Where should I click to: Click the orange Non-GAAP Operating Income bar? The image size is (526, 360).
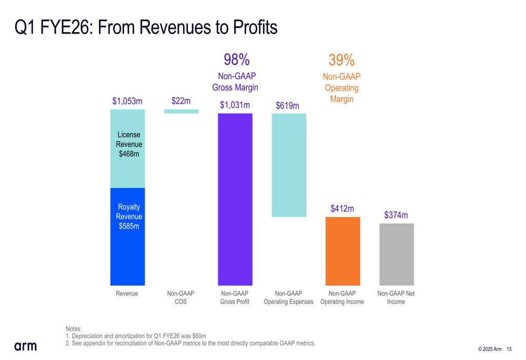click(342, 251)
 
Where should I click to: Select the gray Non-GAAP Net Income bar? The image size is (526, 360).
click(397, 254)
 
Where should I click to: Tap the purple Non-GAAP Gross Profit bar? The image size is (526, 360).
click(235, 199)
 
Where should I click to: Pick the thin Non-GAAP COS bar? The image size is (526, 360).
click(181, 111)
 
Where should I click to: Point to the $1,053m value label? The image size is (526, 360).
click(127, 101)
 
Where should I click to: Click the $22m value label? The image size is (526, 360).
click(181, 100)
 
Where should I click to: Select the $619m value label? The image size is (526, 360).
click(287, 106)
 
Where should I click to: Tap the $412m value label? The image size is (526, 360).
click(342, 209)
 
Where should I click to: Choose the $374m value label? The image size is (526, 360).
click(396, 215)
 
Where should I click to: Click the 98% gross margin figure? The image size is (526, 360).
click(236, 59)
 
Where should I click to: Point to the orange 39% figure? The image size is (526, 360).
click(341, 60)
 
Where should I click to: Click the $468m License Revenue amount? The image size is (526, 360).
click(129, 154)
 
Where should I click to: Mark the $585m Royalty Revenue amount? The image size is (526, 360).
click(129, 227)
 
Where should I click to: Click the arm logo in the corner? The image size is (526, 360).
click(25, 346)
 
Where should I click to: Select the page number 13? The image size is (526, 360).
click(509, 349)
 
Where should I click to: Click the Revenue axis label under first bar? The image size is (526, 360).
click(127, 294)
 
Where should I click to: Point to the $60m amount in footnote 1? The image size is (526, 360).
click(198, 336)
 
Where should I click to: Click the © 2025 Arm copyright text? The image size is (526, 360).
click(489, 349)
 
